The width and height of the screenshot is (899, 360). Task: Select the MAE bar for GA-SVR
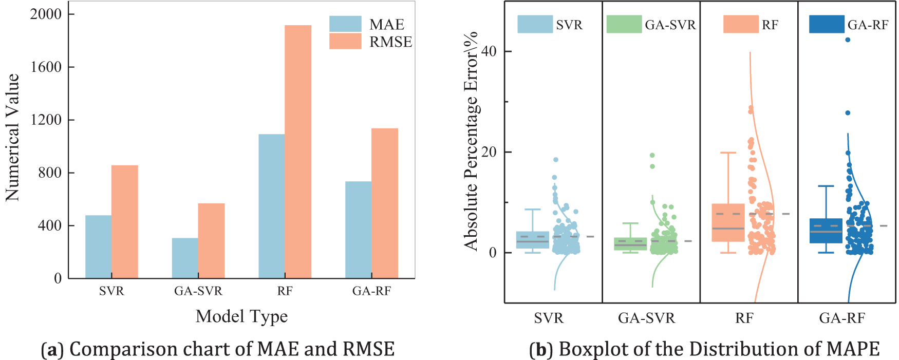[185, 258]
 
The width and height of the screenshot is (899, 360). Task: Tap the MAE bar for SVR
[98, 247]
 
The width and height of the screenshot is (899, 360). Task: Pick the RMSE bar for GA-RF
[385, 203]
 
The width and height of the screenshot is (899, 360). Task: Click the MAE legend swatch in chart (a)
[345, 24]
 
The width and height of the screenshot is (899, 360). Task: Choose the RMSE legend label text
[390, 42]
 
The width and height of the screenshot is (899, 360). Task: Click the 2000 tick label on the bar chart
[46, 14]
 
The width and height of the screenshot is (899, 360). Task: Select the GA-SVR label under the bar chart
[198, 291]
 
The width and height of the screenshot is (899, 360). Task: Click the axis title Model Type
[241, 316]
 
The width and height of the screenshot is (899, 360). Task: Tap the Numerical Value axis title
[12, 137]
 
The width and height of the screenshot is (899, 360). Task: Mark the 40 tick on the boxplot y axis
[489, 51]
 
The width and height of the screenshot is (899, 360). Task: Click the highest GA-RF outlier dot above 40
[848, 40]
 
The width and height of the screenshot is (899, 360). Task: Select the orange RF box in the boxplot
[728, 222]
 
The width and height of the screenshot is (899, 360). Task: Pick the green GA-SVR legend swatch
[624, 24]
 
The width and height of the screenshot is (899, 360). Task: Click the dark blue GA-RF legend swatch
[827, 24]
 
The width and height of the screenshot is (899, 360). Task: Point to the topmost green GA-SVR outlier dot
[652, 155]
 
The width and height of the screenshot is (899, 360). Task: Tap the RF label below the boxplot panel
[744, 318]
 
